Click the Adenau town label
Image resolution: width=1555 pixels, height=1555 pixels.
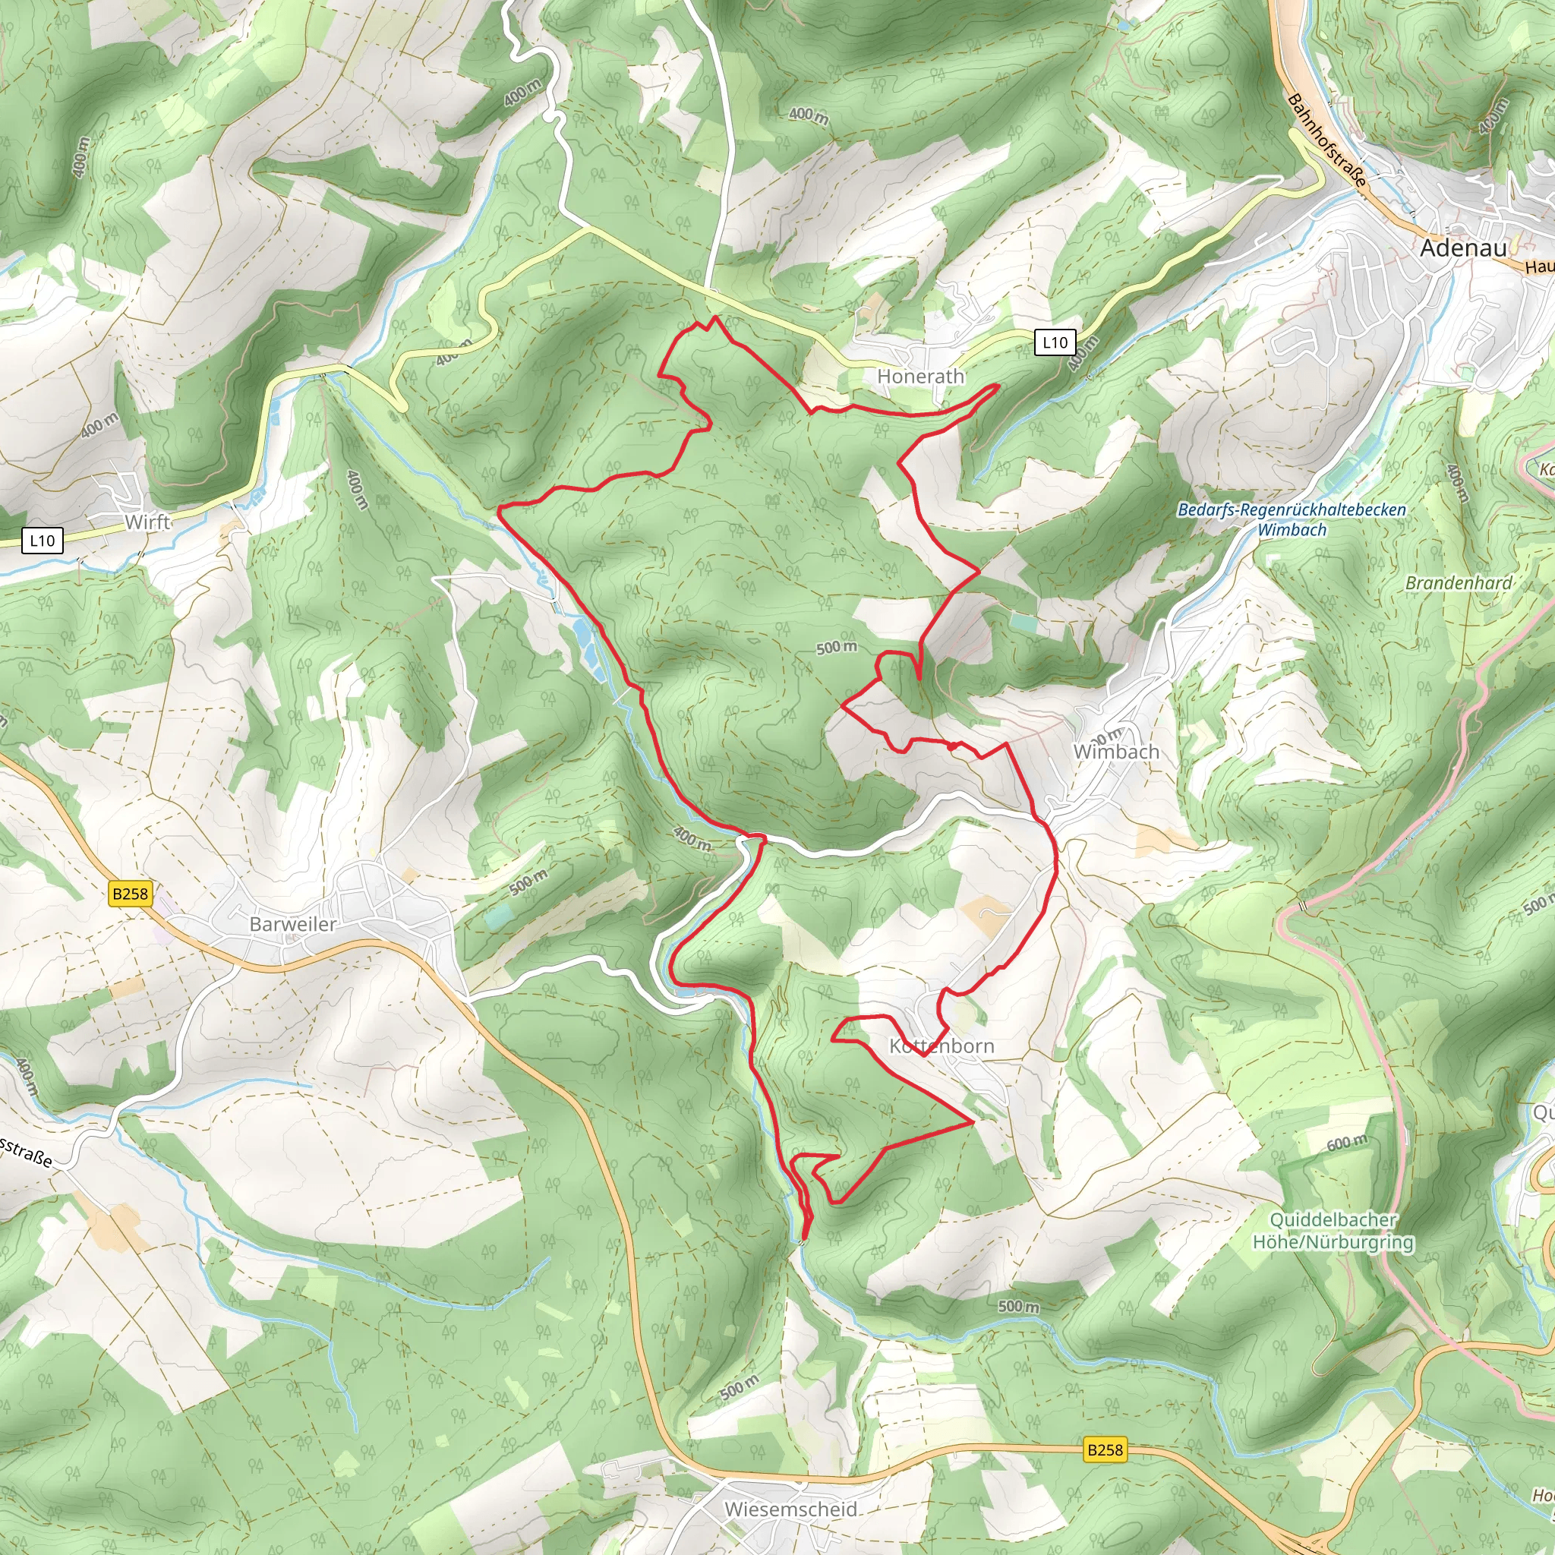point(1462,248)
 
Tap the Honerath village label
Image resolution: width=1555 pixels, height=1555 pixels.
point(920,376)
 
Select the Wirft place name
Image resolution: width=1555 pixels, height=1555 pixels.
point(147,522)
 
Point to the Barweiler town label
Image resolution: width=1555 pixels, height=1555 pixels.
point(292,924)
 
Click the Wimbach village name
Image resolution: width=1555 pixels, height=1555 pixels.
point(1115,752)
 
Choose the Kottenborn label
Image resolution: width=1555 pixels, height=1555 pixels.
point(942,1046)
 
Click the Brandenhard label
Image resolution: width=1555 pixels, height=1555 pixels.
point(1459,582)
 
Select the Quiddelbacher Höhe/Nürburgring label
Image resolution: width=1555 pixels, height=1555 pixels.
point(1333,1231)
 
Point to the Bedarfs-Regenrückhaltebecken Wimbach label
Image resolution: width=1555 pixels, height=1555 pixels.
point(1292,519)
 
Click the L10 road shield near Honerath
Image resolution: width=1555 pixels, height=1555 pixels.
point(1055,343)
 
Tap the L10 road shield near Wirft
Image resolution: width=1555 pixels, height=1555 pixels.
point(42,540)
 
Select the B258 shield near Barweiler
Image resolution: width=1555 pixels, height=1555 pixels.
point(131,894)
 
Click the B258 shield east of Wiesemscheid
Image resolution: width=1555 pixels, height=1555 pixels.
point(1104,1449)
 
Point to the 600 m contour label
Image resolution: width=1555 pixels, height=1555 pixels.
point(1346,1143)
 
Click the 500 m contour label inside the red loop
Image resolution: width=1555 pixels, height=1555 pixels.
point(836,647)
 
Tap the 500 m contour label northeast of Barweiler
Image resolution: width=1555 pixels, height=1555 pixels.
point(528,882)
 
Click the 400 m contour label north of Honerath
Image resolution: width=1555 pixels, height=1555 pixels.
point(808,116)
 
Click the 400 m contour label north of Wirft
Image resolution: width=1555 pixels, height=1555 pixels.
point(81,156)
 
